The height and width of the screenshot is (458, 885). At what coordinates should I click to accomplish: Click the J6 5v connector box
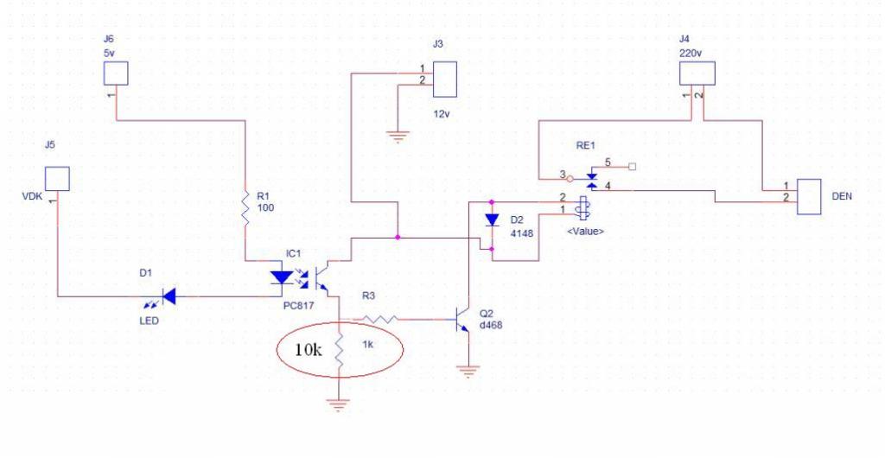point(116,73)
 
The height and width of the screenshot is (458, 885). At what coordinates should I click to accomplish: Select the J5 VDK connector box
point(57,179)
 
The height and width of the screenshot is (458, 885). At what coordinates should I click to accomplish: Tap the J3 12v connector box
point(444,80)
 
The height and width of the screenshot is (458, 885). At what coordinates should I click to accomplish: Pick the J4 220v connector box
point(697,73)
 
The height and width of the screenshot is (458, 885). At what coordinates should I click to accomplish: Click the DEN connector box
point(809,197)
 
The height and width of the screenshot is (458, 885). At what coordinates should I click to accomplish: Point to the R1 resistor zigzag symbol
point(245,209)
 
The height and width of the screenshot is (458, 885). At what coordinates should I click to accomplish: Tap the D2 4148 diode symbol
point(492,219)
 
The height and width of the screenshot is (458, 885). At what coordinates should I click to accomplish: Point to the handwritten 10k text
point(309,350)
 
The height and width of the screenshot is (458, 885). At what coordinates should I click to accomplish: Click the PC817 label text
point(298,305)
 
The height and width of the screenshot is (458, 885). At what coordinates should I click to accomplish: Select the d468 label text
point(491,326)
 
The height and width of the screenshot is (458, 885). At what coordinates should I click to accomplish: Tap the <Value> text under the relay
point(585,231)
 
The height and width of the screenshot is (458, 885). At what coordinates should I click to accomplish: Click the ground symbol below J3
point(398,137)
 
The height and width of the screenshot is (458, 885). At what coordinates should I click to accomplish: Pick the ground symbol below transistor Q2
point(468,371)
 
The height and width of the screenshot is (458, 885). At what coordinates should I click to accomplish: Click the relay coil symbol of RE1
point(583,207)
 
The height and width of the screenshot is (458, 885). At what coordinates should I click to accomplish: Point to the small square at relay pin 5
point(632,167)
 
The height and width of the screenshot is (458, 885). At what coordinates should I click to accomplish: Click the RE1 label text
point(585,145)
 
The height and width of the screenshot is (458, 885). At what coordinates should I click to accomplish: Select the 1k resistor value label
point(367,345)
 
